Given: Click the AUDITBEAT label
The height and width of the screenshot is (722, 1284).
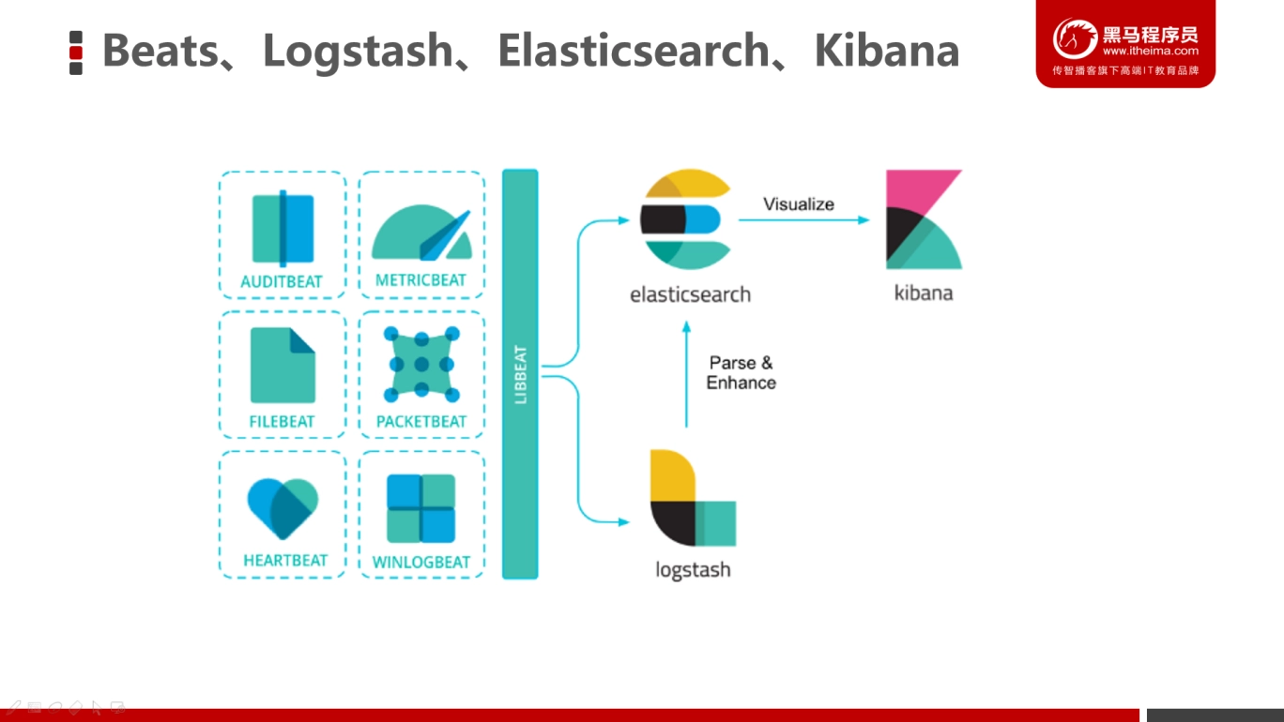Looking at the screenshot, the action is [x=282, y=281].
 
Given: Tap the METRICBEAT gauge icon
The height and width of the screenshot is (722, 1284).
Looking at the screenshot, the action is [x=421, y=233].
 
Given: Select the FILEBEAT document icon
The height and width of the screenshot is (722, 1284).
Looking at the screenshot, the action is [x=283, y=366].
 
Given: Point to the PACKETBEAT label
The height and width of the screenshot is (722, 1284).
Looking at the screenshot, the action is [x=421, y=421].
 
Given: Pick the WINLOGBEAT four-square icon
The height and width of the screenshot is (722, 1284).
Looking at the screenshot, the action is [x=421, y=508].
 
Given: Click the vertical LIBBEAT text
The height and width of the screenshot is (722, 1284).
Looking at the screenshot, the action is [x=521, y=374].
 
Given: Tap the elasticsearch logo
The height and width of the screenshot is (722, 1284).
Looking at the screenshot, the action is [x=685, y=219].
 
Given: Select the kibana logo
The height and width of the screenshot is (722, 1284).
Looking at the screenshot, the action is [x=924, y=219].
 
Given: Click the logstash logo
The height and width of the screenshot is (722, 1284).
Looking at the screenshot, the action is [x=693, y=498].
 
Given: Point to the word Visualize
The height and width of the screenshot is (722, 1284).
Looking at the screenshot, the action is [x=799, y=204].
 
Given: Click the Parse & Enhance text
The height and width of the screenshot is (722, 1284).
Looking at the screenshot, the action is [x=741, y=373].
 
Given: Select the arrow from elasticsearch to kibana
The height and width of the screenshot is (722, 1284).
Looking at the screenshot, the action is [x=803, y=219].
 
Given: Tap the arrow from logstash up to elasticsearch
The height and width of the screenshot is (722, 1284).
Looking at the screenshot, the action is [x=686, y=374].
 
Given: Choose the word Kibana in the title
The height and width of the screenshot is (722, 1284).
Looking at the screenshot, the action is [x=887, y=51].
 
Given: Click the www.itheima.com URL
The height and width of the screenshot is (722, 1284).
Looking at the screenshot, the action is [x=1151, y=51].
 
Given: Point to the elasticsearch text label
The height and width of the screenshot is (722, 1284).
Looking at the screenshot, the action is [x=690, y=294].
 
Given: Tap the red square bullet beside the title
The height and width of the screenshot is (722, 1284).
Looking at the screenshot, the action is [x=76, y=53].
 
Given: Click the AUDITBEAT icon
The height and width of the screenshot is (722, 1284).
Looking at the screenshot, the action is [x=283, y=229].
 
